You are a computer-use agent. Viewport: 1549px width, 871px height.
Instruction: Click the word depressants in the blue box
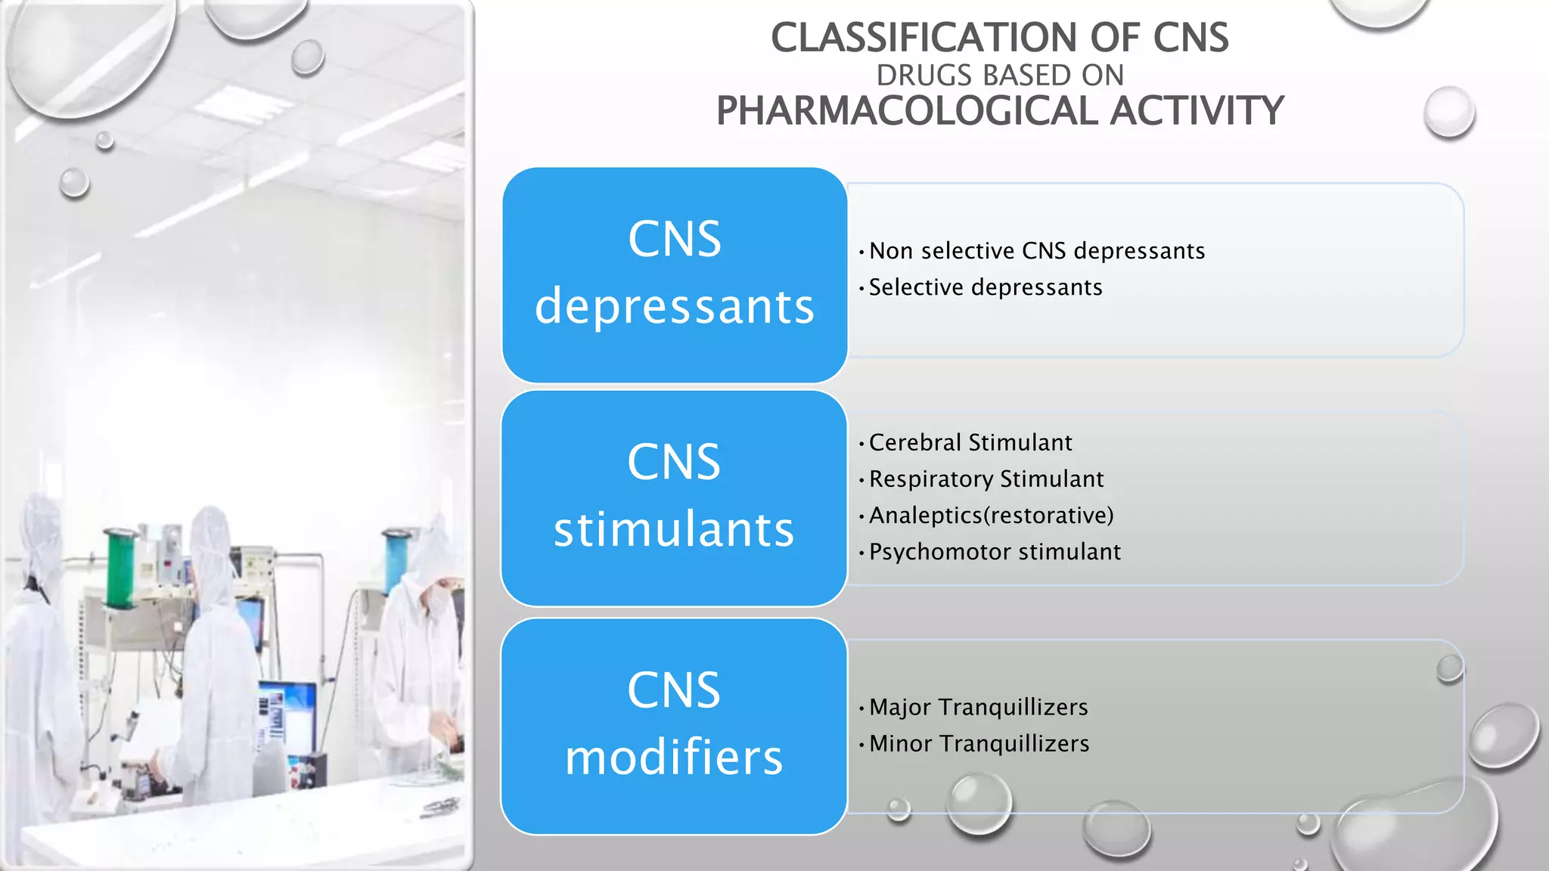pos(674,307)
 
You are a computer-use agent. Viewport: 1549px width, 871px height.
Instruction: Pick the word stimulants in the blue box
pos(674,529)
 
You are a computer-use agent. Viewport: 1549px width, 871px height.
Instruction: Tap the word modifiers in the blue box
pos(674,758)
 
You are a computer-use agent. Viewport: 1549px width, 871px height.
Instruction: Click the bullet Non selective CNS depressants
pos(1036,251)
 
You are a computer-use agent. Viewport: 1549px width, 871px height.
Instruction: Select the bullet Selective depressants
pos(985,287)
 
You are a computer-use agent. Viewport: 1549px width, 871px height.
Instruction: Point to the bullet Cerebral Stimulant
pos(970,442)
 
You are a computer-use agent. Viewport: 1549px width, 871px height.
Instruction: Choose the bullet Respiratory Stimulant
pos(986,479)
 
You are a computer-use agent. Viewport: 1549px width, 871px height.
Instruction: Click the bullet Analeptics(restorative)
pos(991,515)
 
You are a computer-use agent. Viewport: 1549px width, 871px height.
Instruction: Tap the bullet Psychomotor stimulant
pos(994,552)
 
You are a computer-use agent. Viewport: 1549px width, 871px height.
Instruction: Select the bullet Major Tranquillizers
pos(978,707)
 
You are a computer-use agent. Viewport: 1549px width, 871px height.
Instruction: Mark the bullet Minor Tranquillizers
pos(979,743)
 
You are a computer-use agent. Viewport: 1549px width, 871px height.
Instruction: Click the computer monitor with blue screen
pos(287,714)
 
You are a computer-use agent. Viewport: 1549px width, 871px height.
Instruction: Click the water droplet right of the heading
pos(1448,112)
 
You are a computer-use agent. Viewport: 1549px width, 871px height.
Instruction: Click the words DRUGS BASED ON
pos(999,76)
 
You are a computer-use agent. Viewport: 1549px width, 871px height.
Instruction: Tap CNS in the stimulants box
pos(674,462)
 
